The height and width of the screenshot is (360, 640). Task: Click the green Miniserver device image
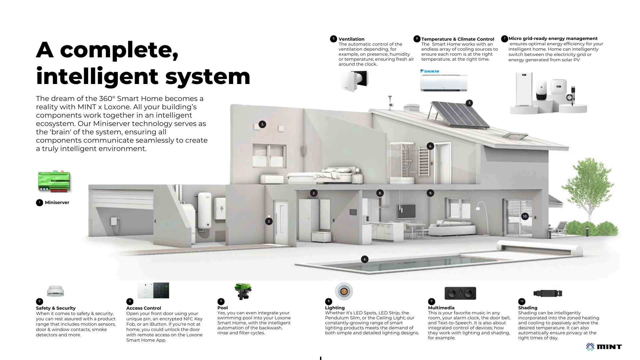[x=54, y=181]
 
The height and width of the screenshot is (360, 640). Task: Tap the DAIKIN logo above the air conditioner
[x=430, y=71]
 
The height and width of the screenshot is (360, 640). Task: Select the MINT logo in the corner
[x=604, y=347]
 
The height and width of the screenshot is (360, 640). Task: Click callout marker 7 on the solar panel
[x=469, y=103]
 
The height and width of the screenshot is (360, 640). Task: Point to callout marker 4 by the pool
[x=365, y=259]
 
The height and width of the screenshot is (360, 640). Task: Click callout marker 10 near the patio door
[x=525, y=216]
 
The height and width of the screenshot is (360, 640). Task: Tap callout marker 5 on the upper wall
[x=262, y=124]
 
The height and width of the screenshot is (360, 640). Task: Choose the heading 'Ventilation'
[x=351, y=39]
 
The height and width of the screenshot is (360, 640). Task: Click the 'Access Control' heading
[x=143, y=308]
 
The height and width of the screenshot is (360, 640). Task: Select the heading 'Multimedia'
[x=441, y=308]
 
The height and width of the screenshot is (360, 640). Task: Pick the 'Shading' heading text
[x=528, y=308]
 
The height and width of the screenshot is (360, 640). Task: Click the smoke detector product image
[x=55, y=291]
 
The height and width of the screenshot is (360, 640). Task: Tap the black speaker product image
[x=460, y=293]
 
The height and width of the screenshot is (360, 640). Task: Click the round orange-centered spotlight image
[x=344, y=291]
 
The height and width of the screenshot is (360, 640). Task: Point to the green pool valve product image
[x=243, y=291]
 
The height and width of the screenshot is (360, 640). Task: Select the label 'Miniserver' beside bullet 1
[x=57, y=202]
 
